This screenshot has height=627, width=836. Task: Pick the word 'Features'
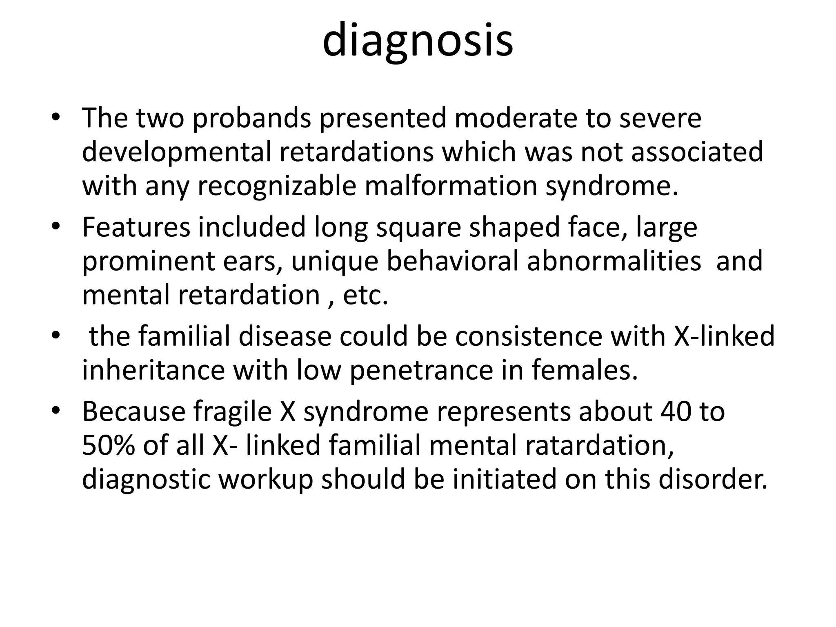click(136, 227)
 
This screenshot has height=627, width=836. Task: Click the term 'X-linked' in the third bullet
click(724, 337)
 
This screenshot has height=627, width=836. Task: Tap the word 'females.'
click(585, 370)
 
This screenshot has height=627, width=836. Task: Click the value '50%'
click(108, 445)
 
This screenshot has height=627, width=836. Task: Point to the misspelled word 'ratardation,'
click(599, 445)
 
